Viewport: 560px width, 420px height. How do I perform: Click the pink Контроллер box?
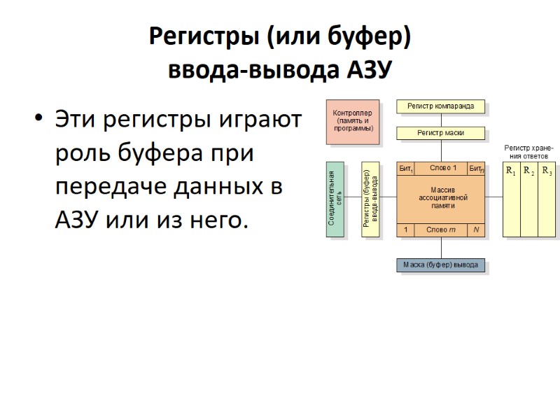click(x=353, y=120)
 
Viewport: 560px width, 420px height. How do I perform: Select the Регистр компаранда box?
click(x=441, y=106)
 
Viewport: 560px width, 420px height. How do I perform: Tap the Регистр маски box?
click(x=441, y=132)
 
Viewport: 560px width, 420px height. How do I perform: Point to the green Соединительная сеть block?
click(x=336, y=199)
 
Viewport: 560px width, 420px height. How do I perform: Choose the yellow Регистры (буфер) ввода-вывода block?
click(x=371, y=199)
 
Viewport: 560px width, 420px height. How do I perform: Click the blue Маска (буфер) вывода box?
click(x=441, y=265)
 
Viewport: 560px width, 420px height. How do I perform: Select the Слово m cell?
click(x=441, y=230)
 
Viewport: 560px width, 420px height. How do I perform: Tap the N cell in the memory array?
click(x=476, y=230)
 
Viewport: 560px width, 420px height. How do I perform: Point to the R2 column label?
click(x=528, y=172)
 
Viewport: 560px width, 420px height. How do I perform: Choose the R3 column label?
click(x=547, y=172)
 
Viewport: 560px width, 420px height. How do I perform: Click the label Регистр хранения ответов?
click(x=528, y=153)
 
